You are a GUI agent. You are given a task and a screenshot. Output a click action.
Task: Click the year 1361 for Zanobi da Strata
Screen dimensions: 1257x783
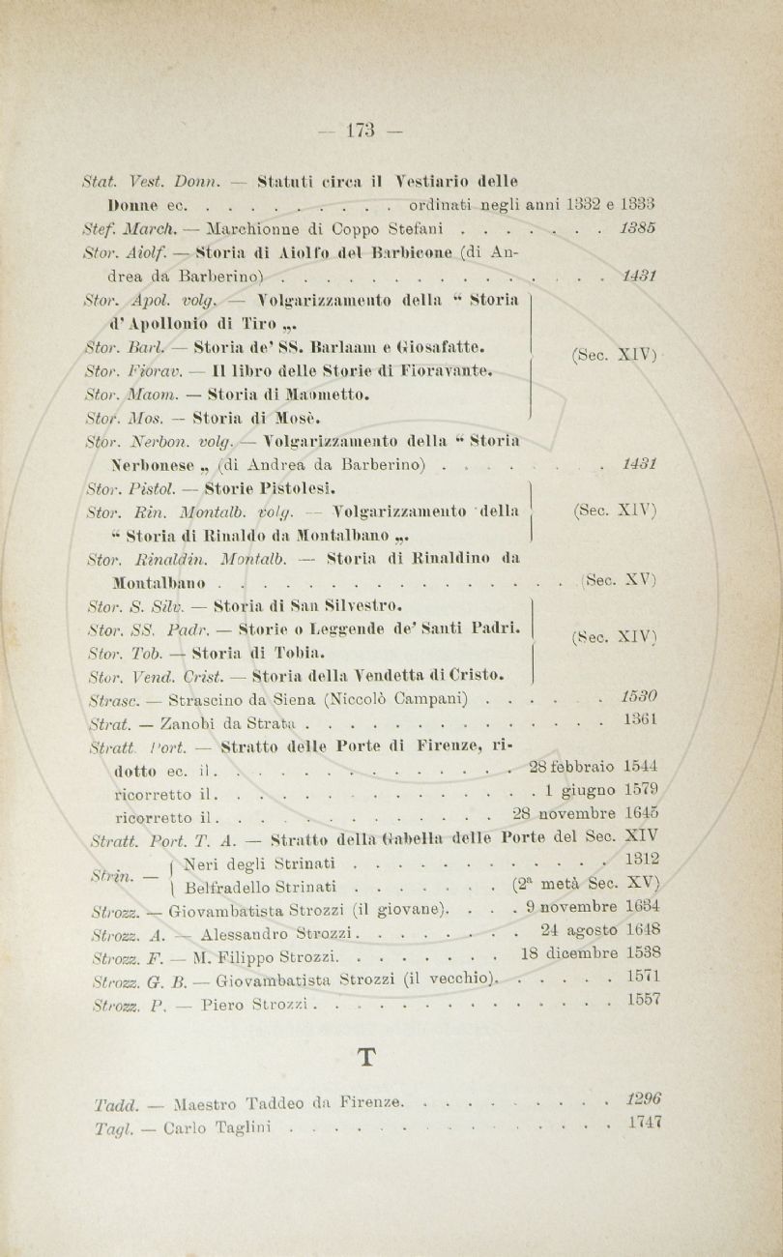[640, 720]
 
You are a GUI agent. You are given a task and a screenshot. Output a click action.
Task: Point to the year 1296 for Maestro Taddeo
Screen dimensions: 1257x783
[642, 1098]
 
